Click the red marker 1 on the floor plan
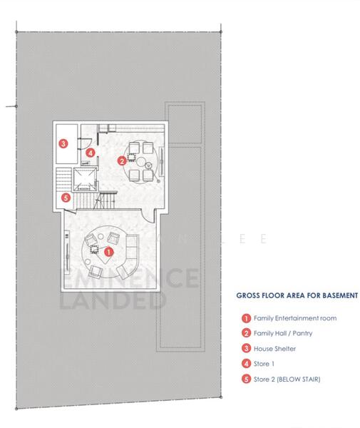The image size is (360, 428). (108, 252)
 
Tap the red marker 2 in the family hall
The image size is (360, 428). (122, 161)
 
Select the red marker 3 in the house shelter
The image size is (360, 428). (63, 144)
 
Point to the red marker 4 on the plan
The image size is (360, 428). (90, 153)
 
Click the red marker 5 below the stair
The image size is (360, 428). (66, 198)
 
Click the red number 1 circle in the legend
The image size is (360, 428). (246, 318)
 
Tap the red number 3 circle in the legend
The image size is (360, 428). (246, 348)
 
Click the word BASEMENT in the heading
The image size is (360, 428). (334, 295)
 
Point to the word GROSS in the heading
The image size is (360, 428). (250, 295)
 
